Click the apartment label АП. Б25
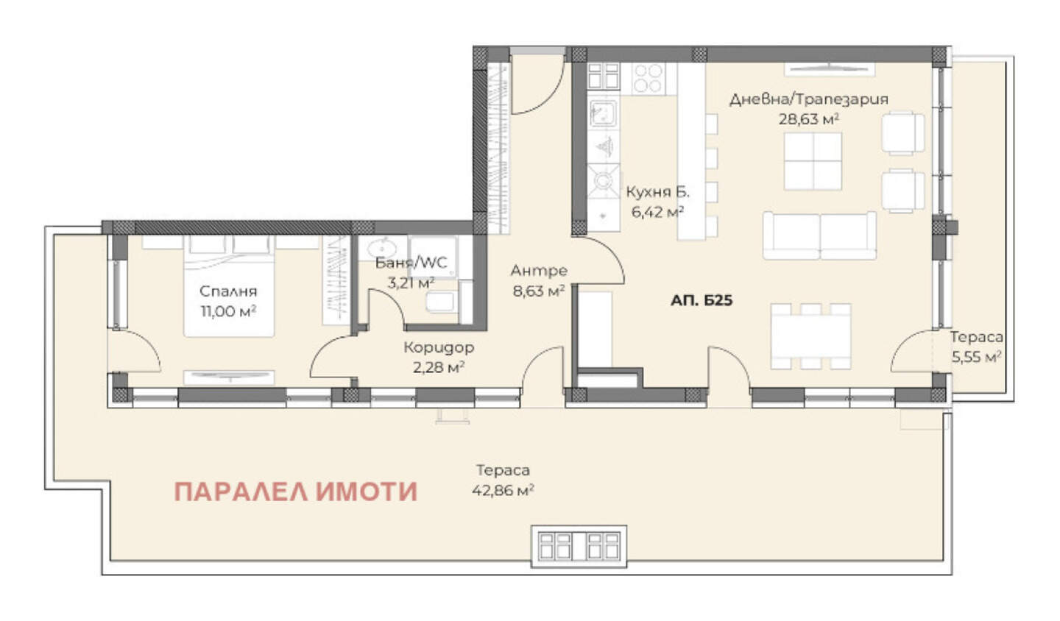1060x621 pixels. (x=702, y=300)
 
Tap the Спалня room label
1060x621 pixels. (x=228, y=291)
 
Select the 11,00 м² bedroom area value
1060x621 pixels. (x=228, y=312)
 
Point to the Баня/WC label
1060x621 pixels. (x=411, y=263)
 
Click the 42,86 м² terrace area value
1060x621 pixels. (x=503, y=490)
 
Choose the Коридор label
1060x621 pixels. (x=439, y=347)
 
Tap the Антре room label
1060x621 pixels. (x=539, y=271)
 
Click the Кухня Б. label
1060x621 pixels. (x=658, y=192)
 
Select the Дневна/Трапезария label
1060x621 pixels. (x=809, y=99)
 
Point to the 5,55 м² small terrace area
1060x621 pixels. (x=977, y=357)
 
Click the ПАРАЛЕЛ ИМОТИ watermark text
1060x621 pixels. (x=296, y=492)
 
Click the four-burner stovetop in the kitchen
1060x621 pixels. (x=649, y=78)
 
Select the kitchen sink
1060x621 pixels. (x=603, y=113)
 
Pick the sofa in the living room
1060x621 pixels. (x=819, y=235)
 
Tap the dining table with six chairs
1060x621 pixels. (x=810, y=336)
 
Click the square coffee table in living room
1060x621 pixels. (x=813, y=161)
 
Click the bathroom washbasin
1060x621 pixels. (x=381, y=247)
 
